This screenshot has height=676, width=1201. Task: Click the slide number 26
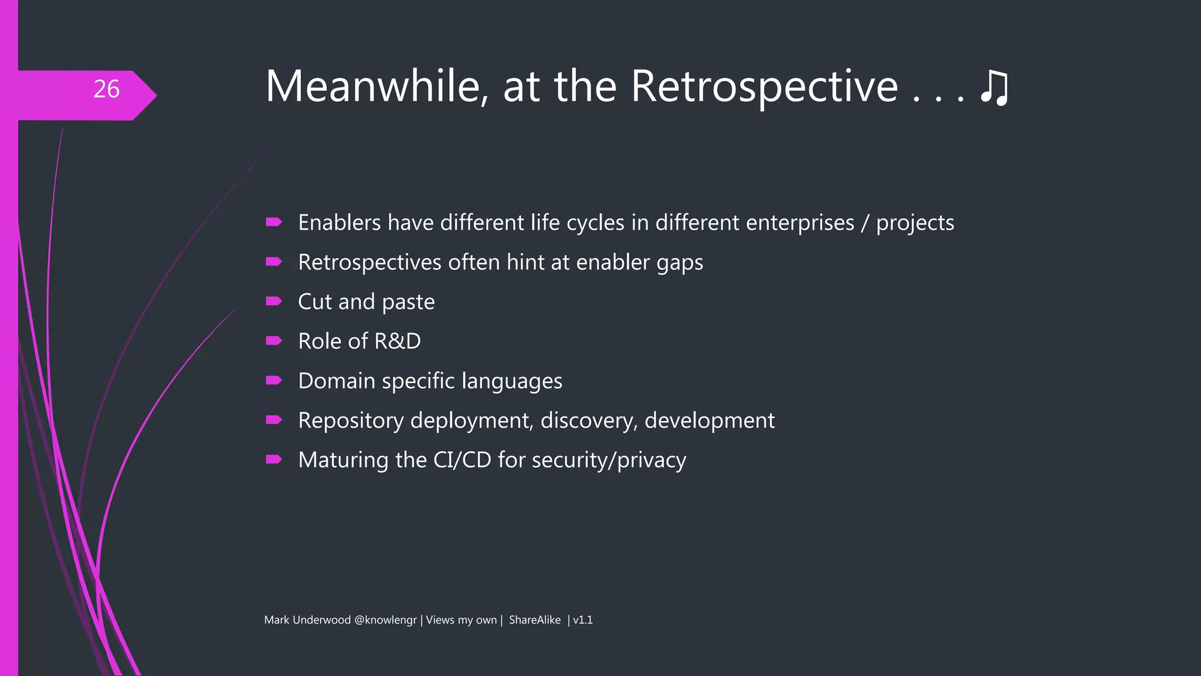(x=106, y=89)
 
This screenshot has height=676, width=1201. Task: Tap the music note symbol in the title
(x=995, y=88)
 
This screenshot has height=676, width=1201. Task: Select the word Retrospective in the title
(x=764, y=87)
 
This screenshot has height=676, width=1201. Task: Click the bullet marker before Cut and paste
(x=273, y=301)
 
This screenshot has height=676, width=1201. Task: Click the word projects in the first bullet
(x=915, y=224)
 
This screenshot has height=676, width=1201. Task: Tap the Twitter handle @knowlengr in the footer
(x=385, y=620)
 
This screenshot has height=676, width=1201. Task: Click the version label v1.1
(x=583, y=620)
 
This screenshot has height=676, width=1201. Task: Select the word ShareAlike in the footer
(x=534, y=620)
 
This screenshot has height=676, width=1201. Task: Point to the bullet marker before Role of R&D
(x=273, y=340)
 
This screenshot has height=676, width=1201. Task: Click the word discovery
(x=588, y=421)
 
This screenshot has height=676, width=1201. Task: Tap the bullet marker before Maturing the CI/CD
(x=273, y=459)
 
